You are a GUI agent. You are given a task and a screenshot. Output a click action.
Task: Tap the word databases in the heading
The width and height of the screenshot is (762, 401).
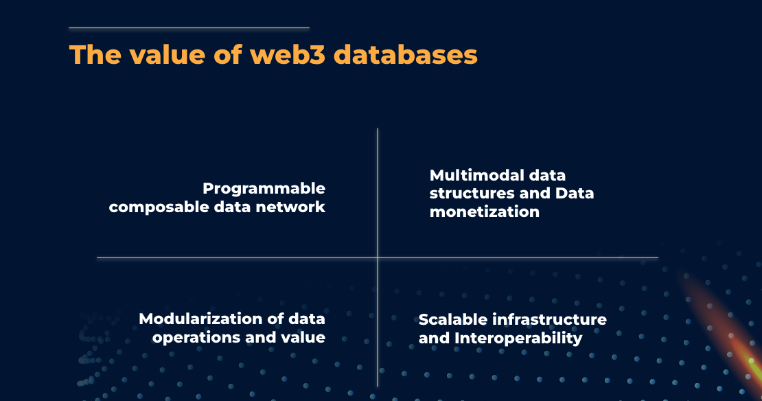406,55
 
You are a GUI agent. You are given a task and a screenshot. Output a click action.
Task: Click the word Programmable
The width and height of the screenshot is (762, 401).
264,188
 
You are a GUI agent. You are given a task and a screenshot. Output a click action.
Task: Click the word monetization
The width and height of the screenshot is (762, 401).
485,211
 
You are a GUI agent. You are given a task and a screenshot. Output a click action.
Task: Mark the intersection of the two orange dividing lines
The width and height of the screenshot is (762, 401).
378,257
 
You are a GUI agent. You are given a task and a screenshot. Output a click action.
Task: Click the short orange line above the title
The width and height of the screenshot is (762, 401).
189,28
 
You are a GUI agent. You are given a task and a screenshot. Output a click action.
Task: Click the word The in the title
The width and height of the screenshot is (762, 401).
92,55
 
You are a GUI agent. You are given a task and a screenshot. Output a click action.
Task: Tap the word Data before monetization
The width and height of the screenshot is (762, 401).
575,194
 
